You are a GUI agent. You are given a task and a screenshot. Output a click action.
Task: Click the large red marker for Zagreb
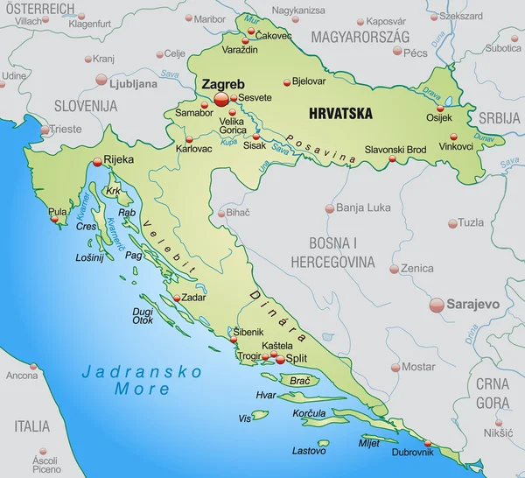point(221,99)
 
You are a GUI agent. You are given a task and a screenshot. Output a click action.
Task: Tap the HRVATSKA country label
point(340,113)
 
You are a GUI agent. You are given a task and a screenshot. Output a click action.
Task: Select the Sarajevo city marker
point(437,305)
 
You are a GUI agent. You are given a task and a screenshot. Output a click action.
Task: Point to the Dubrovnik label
point(411,452)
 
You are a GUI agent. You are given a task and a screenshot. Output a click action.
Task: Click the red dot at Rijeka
point(97,161)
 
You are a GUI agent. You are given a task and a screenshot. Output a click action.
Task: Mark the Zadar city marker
point(178,298)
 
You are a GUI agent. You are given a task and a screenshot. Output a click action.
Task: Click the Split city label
point(298,359)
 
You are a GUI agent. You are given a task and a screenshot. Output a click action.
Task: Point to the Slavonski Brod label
point(395,150)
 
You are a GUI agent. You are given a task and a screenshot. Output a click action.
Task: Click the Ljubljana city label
point(133,84)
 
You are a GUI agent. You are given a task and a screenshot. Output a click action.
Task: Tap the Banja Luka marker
point(330,208)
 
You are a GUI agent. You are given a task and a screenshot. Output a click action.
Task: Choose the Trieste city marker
point(45,130)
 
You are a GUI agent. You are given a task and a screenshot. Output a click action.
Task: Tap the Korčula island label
point(310,412)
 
